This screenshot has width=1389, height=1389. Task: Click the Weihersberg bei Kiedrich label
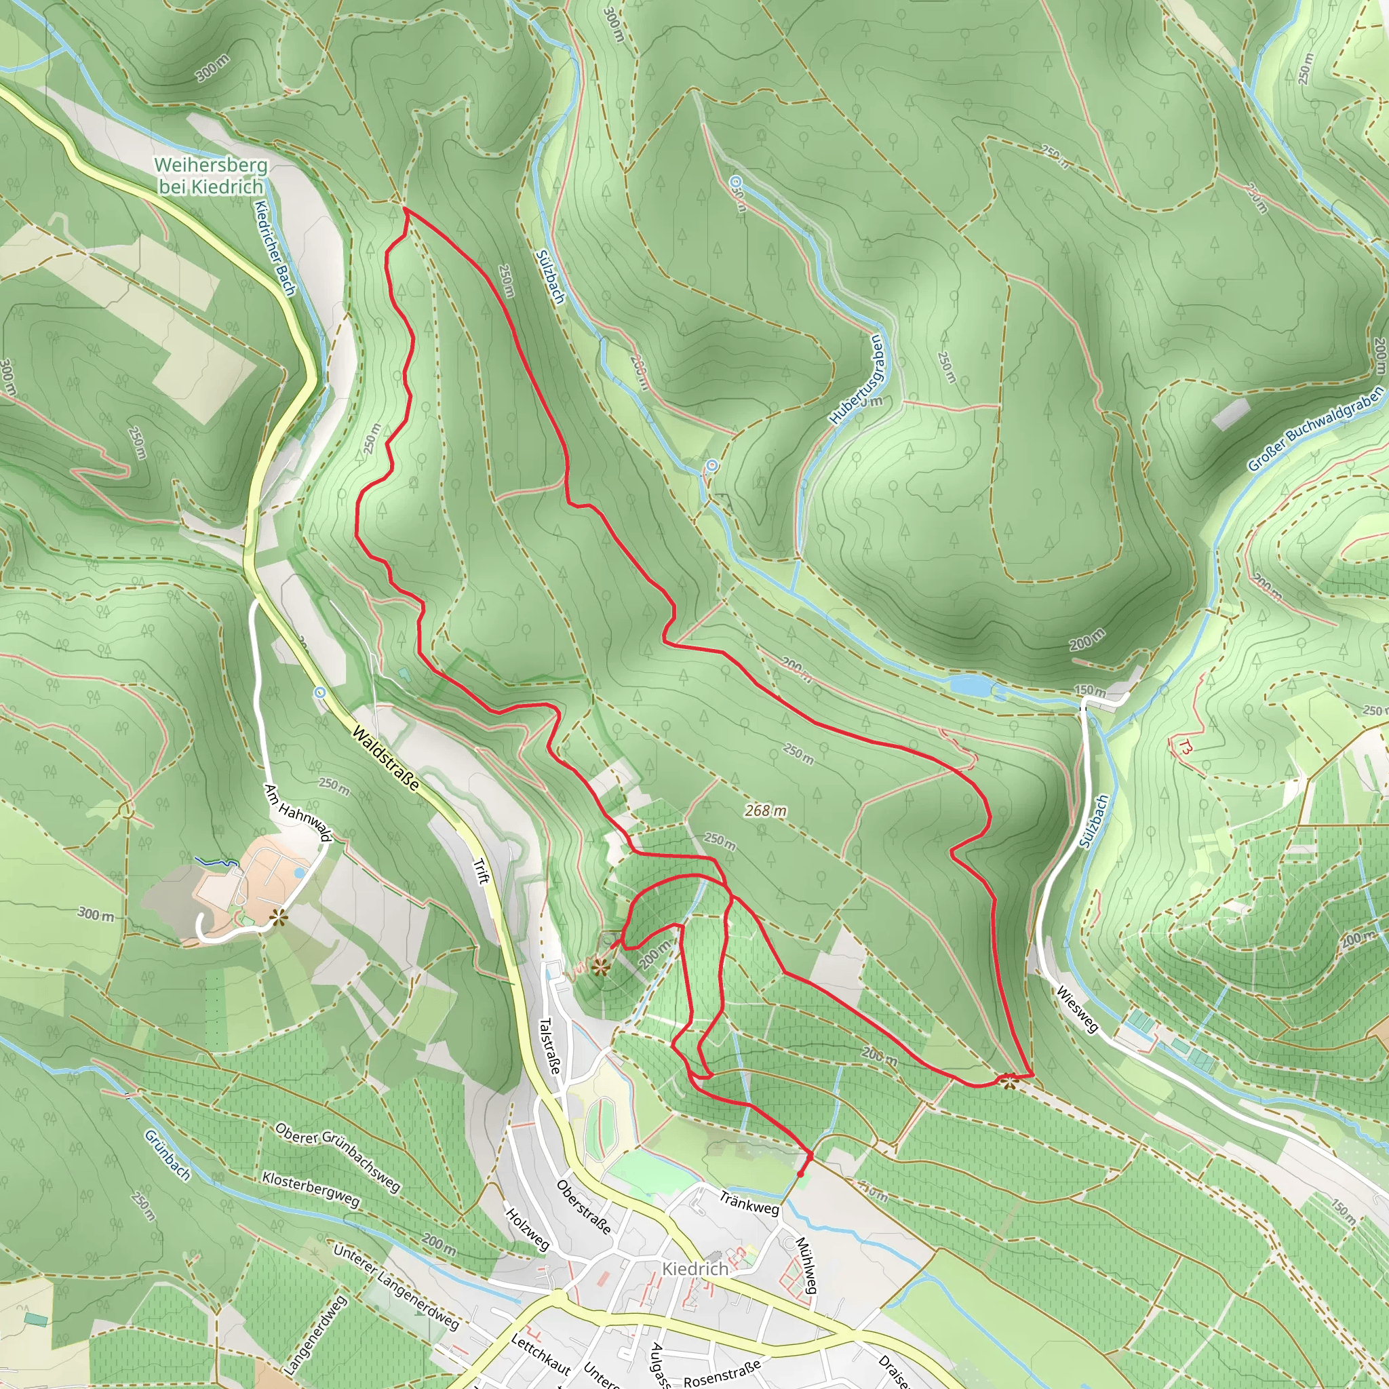click(211, 176)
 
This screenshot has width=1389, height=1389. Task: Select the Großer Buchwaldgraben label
click(1315, 429)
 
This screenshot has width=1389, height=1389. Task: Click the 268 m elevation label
click(766, 811)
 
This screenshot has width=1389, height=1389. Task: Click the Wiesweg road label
click(1077, 1009)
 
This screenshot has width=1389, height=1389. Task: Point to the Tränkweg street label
click(749, 1202)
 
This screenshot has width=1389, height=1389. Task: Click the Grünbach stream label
click(168, 1155)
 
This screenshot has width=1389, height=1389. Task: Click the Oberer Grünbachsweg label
click(337, 1158)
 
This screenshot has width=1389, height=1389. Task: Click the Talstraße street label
click(549, 1046)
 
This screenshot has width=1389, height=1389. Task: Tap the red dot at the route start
click(801, 1175)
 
